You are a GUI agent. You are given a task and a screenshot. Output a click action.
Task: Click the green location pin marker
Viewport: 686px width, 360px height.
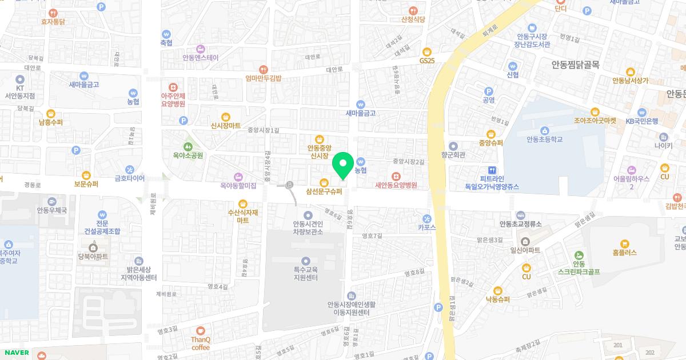(x=343, y=165)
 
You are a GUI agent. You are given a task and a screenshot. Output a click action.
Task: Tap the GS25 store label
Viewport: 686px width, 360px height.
(x=427, y=61)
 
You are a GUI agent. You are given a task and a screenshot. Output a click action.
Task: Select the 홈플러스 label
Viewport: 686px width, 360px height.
(x=624, y=252)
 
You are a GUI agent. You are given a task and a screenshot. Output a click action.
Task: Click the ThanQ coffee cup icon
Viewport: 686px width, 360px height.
(x=200, y=330)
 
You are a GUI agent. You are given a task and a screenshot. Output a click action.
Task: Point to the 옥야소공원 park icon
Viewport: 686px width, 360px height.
(x=188, y=145)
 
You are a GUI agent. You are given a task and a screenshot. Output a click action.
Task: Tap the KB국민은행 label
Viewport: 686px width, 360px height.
(x=641, y=121)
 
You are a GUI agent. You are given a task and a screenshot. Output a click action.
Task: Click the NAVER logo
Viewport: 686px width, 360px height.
(x=16, y=353)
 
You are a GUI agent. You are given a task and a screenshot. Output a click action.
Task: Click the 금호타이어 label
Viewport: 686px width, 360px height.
(x=130, y=178)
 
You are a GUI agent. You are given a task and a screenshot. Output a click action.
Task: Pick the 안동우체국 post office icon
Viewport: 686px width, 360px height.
(x=52, y=201)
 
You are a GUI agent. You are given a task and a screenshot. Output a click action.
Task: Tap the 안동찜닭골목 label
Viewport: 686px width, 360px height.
(x=575, y=65)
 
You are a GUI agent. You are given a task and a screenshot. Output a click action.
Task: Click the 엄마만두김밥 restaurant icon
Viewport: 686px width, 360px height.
(x=263, y=69)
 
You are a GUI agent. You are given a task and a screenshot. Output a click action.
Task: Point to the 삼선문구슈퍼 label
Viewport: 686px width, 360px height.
(x=324, y=192)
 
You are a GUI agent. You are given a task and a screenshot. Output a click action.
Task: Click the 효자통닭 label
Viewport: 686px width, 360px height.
(x=53, y=22)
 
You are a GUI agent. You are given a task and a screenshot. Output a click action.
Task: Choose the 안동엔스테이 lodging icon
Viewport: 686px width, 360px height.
(x=200, y=48)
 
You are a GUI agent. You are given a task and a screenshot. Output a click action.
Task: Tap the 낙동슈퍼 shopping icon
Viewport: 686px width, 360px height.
(x=497, y=290)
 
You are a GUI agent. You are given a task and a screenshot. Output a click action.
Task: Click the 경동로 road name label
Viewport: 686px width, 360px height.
(x=33, y=185)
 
